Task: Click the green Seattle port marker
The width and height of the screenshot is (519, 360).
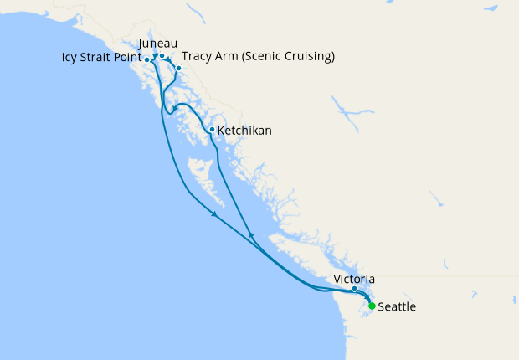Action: pyautogui.click(x=372, y=306)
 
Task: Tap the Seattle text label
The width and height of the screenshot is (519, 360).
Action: pyautogui.click(x=397, y=307)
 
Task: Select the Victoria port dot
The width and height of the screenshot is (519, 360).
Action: pyautogui.click(x=355, y=289)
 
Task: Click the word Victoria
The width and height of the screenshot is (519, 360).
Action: pyautogui.click(x=354, y=279)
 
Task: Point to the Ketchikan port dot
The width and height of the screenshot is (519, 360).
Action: pyautogui.click(x=212, y=130)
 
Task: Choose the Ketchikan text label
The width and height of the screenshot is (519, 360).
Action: pyautogui.click(x=244, y=131)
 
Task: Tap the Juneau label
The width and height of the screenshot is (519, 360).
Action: pyautogui.click(x=159, y=44)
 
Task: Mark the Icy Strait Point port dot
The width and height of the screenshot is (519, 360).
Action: pyautogui.click(x=147, y=60)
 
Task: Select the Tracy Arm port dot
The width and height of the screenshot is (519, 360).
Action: pyautogui.click(x=178, y=68)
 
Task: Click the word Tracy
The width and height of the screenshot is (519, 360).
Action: pyautogui.click(x=198, y=57)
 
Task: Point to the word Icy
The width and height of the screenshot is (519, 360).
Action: pyautogui.click(x=70, y=59)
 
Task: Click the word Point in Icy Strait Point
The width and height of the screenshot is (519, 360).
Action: pyautogui.click(x=128, y=59)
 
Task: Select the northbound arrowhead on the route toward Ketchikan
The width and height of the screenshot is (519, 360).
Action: pyautogui.click(x=251, y=235)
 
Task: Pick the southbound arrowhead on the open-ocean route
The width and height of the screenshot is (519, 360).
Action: pyautogui.click(x=215, y=215)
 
